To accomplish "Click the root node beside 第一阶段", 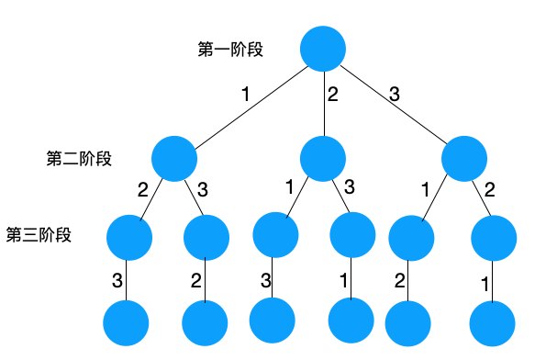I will [x=322, y=49].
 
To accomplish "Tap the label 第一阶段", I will [x=230, y=50].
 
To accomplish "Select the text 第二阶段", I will [x=79, y=158].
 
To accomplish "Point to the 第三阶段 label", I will [x=39, y=234].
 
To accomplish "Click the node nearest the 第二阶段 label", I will [x=174, y=158].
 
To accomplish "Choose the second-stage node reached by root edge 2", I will [x=322, y=158].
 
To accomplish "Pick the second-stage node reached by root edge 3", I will [x=464, y=158].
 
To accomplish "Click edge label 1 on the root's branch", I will [x=245, y=95].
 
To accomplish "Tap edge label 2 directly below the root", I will [x=333, y=95].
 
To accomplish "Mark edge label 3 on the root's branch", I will [x=395, y=94].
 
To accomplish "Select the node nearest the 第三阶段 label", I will [x=128, y=237].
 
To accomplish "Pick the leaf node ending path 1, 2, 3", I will [x=126, y=322].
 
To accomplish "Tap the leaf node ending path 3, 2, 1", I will [x=492, y=323].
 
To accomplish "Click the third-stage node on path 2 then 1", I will [x=275, y=235].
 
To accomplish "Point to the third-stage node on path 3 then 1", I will [x=411, y=238].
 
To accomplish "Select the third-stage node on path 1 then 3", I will [x=206, y=237].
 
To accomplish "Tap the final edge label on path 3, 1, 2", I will [x=400, y=279].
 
